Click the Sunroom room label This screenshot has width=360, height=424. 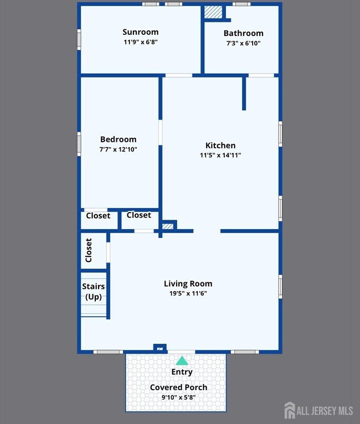point(140,32)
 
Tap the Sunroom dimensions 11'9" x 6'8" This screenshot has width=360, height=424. point(141,42)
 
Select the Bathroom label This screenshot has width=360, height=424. point(244,33)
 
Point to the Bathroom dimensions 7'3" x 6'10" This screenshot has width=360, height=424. point(244,43)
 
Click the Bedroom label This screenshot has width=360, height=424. point(118,139)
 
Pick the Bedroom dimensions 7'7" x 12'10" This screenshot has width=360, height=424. point(118,149)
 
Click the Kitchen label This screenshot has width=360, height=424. point(220,145)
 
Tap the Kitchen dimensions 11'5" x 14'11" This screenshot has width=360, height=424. point(220,155)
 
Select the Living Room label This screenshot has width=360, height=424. point(188,283)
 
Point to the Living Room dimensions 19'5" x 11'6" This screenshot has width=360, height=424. point(188,293)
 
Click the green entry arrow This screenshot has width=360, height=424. point(182,360)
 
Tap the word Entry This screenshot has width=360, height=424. point(182,372)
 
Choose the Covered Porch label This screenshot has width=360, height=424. point(178,387)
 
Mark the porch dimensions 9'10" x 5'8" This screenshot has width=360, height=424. point(178,397)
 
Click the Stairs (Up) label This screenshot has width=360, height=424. point(93,292)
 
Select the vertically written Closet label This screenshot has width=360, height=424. point(89,250)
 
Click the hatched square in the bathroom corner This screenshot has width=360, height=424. point(213,12)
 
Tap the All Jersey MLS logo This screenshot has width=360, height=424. point(318,411)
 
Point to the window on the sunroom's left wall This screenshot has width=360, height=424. point(79,39)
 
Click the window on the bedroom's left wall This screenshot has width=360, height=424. point(79,144)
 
